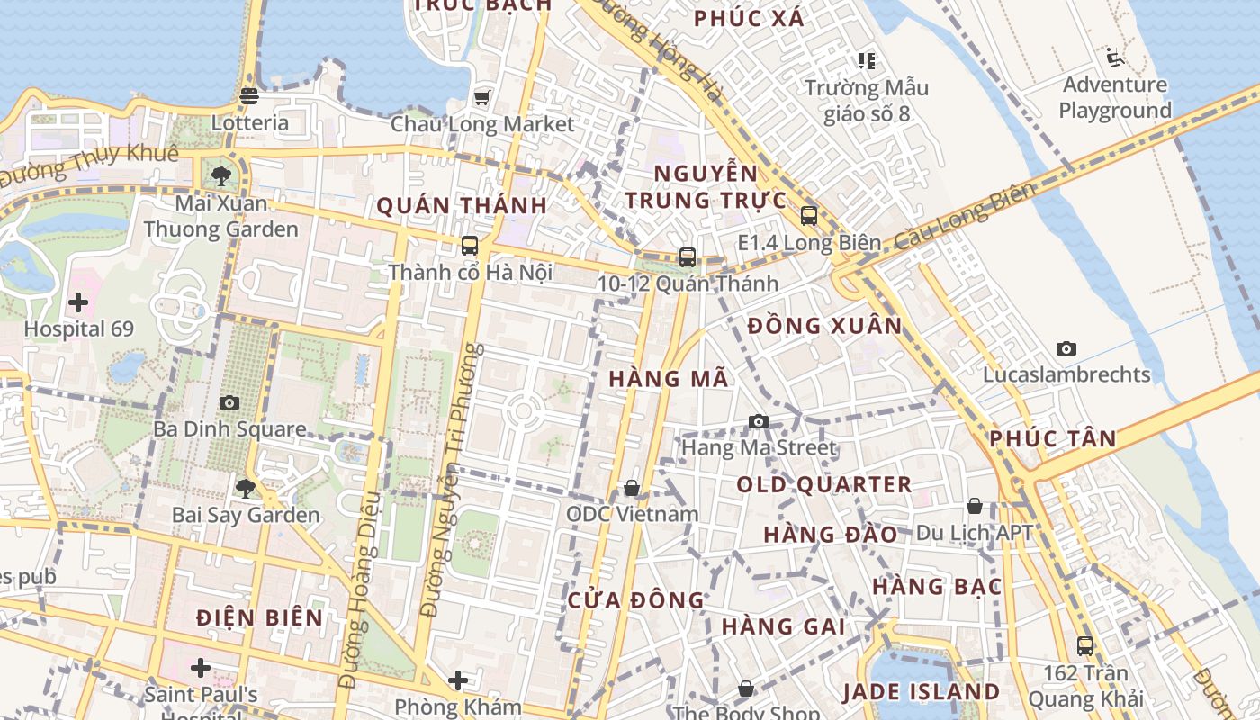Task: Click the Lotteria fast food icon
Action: coord(249,95)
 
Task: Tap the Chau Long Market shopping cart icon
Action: coord(482,96)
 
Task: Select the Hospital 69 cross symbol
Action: coord(78,301)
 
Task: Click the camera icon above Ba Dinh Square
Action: coord(229,402)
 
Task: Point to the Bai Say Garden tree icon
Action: coord(245,489)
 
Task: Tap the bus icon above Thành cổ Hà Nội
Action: coord(469,245)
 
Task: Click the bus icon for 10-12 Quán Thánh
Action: coord(688,257)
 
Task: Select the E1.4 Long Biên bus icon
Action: coord(809,216)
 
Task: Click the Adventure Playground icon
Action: coord(1115,58)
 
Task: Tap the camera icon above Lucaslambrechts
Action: coord(1066,348)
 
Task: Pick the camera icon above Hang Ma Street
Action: coord(759,421)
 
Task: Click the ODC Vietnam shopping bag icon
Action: coord(632,488)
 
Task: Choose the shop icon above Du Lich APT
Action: coord(974,506)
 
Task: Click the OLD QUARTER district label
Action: coord(824,484)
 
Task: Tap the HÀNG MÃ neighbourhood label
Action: coord(669,379)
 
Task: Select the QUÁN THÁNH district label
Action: coord(462,205)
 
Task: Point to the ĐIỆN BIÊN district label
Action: coord(260,617)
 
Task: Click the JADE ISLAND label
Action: coord(921,691)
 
